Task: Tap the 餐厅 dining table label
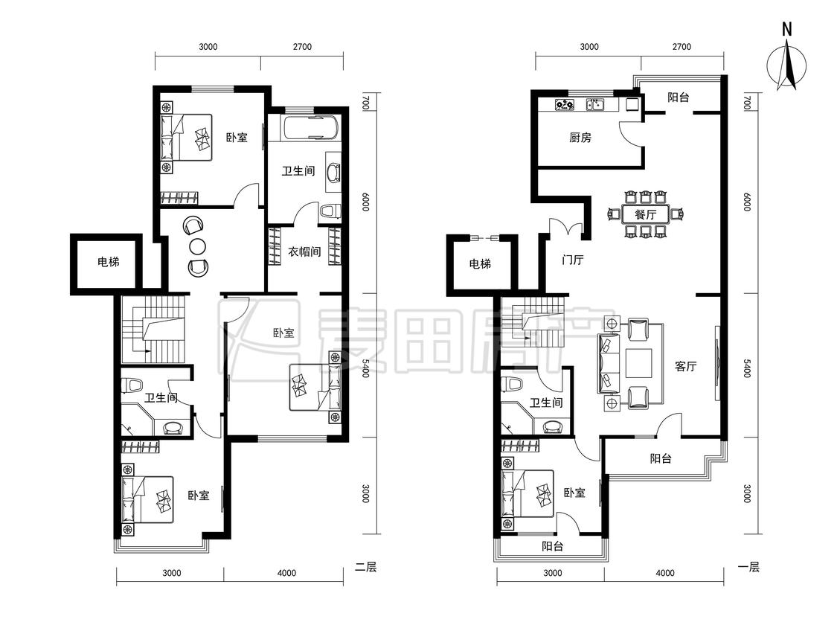click(645, 215)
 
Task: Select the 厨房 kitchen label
click(580, 138)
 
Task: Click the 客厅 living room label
click(685, 366)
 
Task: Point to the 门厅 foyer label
click(572, 260)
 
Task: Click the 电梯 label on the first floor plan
click(480, 263)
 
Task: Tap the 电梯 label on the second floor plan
click(108, 262)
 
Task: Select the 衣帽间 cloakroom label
click(304, 251)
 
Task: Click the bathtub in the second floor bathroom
click(311, 128)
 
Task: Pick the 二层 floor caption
click(365, 567)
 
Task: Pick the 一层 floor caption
click(748, 567)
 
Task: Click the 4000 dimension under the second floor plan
click(286, 573)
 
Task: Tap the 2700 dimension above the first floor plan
click(682, 46)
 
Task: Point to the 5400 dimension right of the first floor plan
click(747, 368)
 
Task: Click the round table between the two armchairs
click(197, 246)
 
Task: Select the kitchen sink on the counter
click(594, 104)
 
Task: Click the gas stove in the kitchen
click(564, 104)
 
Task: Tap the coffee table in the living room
click(639, 366)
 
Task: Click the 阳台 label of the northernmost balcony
click(678, 97)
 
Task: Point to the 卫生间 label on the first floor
click(545, 403)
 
